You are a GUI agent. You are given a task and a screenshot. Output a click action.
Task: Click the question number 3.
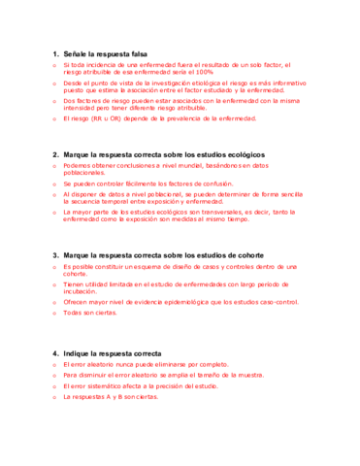tap(53, 254)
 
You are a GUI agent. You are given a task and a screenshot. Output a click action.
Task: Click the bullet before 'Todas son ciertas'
tap(54, 313)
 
